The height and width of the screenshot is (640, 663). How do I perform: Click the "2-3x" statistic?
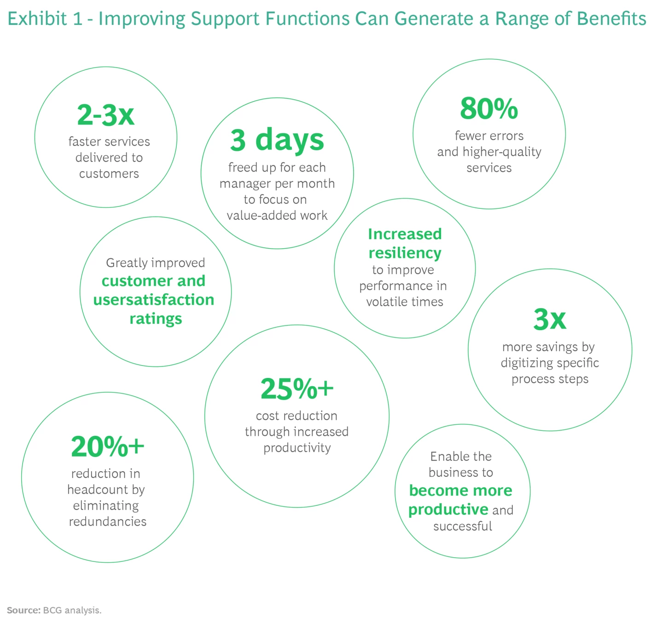(105, 115)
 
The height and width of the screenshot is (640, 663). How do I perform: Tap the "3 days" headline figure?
(277, 140)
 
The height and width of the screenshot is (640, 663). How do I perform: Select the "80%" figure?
(489, 109)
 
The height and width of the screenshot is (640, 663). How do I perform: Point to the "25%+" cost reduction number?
(297, 389)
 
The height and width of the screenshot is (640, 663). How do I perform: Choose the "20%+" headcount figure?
(107, 446)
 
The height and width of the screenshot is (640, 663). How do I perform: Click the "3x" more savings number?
(550, 319)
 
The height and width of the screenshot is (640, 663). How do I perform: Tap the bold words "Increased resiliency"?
(405, 243)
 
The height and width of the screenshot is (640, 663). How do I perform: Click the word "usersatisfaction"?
(154, 300)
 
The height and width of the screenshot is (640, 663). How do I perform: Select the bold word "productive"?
(448, 509)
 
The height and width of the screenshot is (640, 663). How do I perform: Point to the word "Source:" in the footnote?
(23, 610)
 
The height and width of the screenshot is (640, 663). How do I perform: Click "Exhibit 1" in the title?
(45, 19)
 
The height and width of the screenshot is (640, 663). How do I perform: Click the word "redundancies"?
(108, 521)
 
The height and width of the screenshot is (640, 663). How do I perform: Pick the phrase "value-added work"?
(277, 215)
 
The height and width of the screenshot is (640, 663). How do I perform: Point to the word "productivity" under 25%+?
(297, 448)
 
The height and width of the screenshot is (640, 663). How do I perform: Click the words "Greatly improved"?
(156, 263)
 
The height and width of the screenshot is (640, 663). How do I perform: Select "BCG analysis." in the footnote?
(72, 610)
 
